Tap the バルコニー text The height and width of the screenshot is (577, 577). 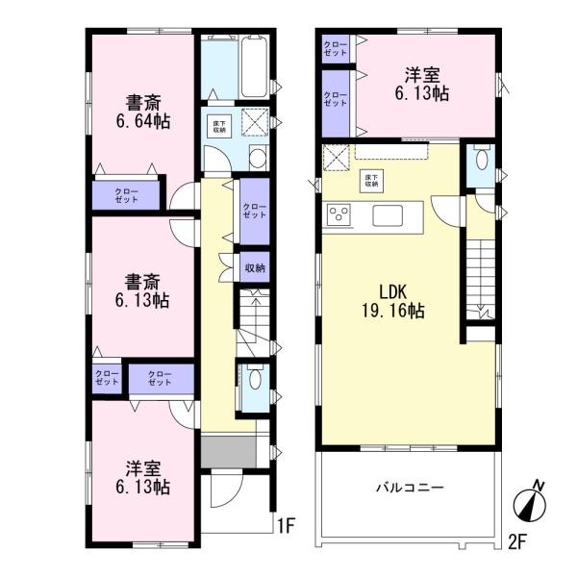pyautogui.click(x=409, y=488)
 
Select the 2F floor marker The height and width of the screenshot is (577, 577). pyautogui.click(x=517, y=539)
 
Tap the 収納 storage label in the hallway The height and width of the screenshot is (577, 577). pyautogui.click(x=253, y=267)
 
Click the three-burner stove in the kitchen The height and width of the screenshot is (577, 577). pyautogui.click(x=339, y=214)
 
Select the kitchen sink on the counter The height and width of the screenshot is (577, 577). pyautogui.click(x=389, y=213)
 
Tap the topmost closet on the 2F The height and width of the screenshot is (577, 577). pyautogui.click(x=336, y=49)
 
